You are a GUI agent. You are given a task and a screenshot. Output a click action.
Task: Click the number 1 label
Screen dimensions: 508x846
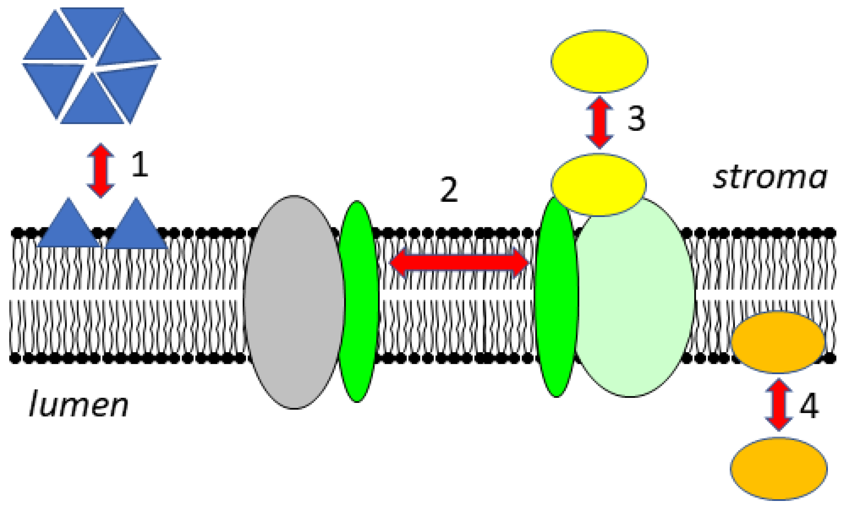point(140,165)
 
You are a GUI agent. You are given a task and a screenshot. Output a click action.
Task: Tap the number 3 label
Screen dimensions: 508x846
point(636,118)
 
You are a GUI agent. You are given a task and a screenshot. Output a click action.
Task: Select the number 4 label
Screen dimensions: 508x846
point(809,407)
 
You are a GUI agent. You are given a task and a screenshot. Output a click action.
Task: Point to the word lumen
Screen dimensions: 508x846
point(79,405)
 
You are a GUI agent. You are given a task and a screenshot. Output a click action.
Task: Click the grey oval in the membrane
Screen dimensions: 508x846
point(294,302)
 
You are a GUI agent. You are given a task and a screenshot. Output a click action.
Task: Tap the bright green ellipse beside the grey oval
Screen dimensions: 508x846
point(358,301)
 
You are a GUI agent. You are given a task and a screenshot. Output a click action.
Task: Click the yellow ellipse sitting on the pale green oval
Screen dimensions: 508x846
point(599,185)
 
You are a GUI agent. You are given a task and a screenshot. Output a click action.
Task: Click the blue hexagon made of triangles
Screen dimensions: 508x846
point(92,65)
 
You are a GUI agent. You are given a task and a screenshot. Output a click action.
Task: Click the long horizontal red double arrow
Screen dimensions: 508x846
point(459,263)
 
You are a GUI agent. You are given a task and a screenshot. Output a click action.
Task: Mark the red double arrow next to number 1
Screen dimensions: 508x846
point(100,170)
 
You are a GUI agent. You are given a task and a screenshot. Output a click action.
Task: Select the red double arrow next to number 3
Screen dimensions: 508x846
point(599,123)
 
